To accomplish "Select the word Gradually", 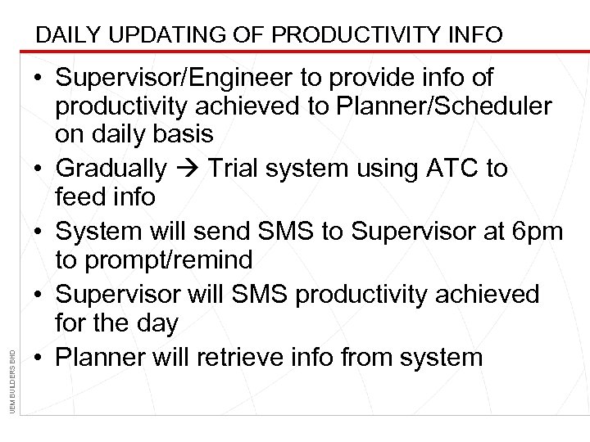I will tap(110, 169).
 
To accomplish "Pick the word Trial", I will tap(237, 169).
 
